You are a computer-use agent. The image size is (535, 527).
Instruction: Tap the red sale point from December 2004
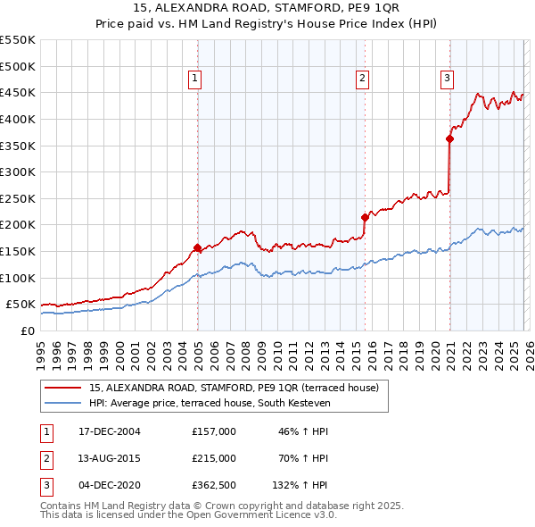coord(197,247)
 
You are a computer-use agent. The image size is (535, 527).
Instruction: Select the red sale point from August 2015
coord(365,217)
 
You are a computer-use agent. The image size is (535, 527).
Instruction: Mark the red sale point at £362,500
coord(449,138)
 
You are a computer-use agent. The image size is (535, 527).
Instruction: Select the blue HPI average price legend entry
coord(210,404)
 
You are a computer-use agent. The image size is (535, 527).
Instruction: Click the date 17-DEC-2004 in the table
coord(110,431)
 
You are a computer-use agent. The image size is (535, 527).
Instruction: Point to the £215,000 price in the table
coord(214,458)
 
